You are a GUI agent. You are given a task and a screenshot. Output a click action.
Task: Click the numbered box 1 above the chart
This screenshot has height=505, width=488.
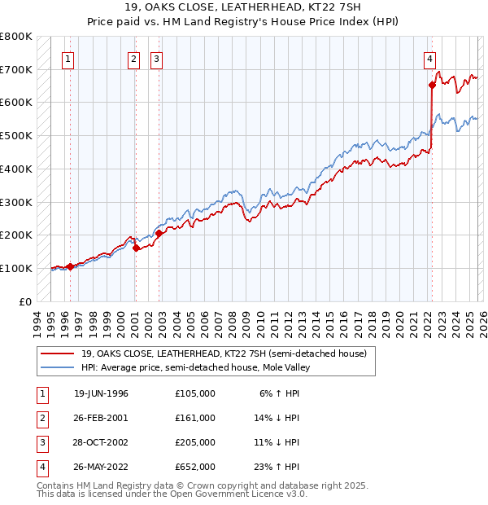68,59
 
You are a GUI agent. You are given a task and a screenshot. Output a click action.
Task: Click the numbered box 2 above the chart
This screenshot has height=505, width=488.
133,59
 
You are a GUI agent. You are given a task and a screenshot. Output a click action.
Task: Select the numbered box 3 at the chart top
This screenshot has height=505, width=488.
156,59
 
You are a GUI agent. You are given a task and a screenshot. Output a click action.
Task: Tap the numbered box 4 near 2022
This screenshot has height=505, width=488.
429,59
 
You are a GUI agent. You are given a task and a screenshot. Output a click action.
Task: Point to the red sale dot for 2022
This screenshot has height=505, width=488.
432,85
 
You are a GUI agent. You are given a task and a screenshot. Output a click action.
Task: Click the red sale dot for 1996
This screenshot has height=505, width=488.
71,266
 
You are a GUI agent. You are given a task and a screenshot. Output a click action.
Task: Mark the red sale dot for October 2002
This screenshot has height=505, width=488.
159,233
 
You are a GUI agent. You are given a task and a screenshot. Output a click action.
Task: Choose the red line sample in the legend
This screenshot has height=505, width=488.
58,353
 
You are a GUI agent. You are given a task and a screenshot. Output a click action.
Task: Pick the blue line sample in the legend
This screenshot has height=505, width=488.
58,367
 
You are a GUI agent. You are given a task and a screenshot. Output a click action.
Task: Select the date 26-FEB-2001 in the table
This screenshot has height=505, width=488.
102,418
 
